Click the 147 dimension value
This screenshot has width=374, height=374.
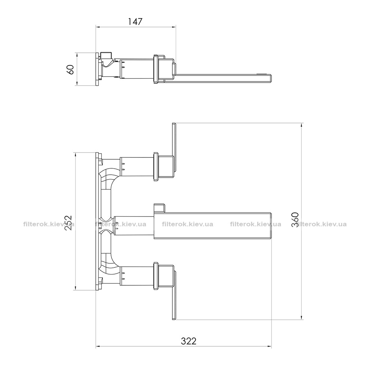click(135, 21)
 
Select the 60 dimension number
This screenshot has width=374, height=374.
click(71, 69)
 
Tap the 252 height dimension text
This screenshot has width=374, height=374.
click(68, 223)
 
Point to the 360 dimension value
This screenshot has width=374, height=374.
click(295, 220)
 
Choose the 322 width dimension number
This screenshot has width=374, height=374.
click(188, 341)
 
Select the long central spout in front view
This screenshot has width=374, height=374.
click(213, 226)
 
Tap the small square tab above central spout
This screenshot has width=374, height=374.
click(159, 208)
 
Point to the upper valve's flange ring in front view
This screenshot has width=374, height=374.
click(156, 167)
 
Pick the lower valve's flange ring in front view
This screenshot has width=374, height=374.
click(156, 276)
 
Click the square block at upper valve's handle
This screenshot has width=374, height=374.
click(166, 167)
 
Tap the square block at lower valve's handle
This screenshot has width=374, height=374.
click(166, 276)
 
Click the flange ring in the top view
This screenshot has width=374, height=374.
click(156, 69)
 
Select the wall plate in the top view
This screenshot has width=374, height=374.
click(97, 69)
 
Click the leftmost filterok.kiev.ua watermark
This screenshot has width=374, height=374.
click(49, 224)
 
